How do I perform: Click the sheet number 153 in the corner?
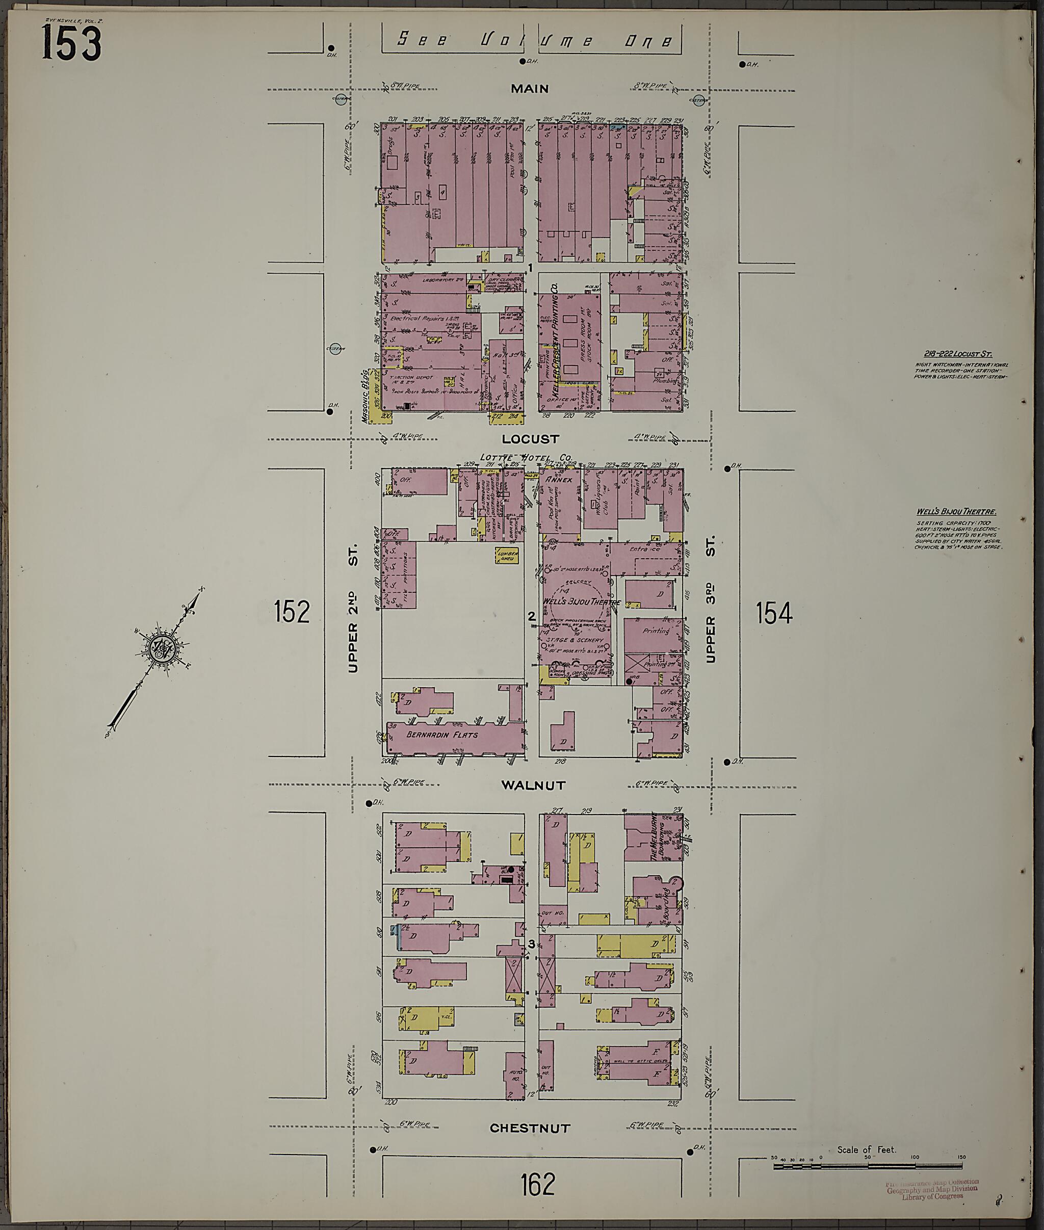pyautogui.click(x=71, y=44)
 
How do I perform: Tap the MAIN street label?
pyautogui.click(x=530, y=89)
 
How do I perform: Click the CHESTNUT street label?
pyautogui.click(x=530, y=1128)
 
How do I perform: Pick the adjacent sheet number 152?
pyautogui.click(x=292, y=612)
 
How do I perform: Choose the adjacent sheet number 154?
pyautogui.click(x=773, y=613)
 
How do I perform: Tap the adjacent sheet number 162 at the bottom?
pyautogui.click(x=538, y=1185)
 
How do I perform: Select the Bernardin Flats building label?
pyautogui.click(x=441, y=735)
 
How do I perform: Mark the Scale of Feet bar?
pyautogui.click(x=868, y=1166)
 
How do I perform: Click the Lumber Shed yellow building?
pyautogui.click(x=508, y=555)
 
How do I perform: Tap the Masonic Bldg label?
pyautogui.click(x=366, y=396)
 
